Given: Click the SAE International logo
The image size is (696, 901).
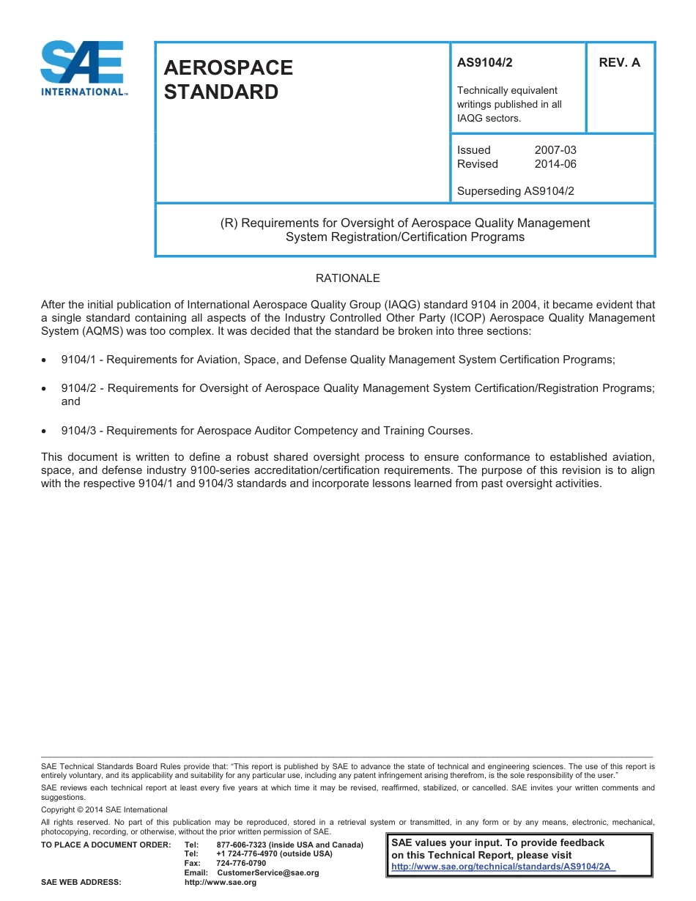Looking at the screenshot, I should (x=84, y=68).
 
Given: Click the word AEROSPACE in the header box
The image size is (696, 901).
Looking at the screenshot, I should (x=228, y=67).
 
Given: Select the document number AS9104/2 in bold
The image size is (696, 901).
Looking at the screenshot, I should (x=484, y=63).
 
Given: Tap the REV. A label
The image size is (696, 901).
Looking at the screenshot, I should (x=619, y=63).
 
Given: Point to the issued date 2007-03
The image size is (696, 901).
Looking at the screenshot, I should (x=555, y=150).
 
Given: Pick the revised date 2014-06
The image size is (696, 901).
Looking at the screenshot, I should (x=555, y=164).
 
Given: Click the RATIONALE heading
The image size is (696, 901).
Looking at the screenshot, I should (x=347, y=278).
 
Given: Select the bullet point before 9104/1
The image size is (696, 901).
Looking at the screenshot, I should (x=45, y=360).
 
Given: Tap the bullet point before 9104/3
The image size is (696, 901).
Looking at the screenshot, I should (x=45, y=431).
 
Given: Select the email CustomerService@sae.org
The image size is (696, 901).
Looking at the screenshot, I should (x=268, y=872).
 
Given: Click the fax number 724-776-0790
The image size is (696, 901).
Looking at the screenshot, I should (x=241, y=864).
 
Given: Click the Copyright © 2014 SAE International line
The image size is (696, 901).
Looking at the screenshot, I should (x=104, y=810).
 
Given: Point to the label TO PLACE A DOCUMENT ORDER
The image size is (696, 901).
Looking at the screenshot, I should (x=106, y=845).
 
